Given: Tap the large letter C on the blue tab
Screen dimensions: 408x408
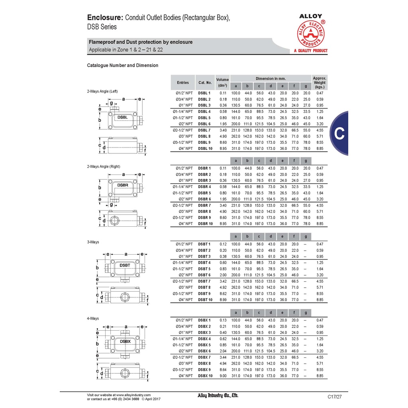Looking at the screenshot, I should coord(339,134).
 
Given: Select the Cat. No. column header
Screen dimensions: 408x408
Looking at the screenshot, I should coord(205,82).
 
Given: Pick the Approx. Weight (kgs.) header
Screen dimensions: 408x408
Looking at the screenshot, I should coord(320,82).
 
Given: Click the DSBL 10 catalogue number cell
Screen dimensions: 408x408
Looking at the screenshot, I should coord(205,149).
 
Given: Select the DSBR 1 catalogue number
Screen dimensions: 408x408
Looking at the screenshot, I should coord(204,168).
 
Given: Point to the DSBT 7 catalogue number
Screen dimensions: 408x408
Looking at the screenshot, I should coord(204,281).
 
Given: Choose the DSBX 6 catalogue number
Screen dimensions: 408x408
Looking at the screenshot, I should coord(204,351).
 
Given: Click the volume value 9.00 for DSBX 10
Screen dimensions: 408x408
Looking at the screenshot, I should coord(223,376).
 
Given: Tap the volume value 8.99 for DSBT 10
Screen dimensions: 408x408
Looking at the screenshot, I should coord(223,300).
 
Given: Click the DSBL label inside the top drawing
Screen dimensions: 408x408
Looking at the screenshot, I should coord(123,118).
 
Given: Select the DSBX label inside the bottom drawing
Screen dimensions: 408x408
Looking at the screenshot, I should coord(125,341).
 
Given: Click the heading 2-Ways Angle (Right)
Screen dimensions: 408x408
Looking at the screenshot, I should coord(103,167).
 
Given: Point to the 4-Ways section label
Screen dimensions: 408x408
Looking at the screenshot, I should coord(93,318).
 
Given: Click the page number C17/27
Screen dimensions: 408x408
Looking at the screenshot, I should coord(335,396).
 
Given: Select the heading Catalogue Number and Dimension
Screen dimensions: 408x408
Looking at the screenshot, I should coord(122,65).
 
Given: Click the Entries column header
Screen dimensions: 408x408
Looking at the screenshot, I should coord(183,82).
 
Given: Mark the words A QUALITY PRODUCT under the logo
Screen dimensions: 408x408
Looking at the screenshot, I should coord(310,51).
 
